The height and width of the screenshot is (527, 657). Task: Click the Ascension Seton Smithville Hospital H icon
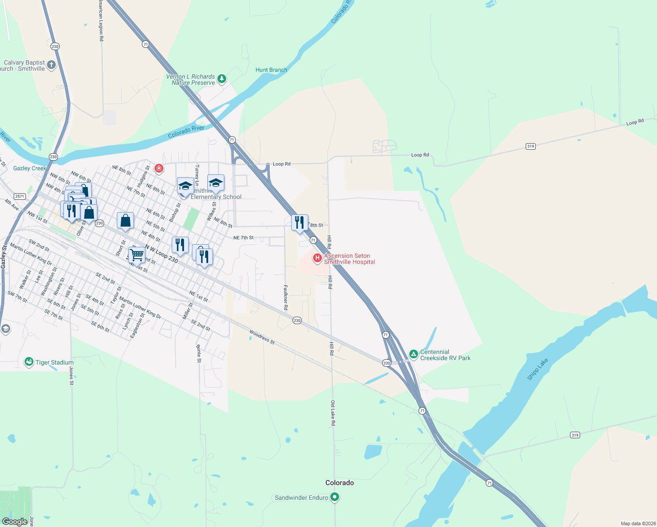coord(317,258)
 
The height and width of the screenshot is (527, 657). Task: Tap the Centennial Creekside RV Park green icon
coord(413,354)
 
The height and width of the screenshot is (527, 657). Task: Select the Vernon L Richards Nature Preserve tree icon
coord(222,79)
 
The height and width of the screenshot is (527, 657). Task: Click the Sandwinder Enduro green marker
coord(335,497)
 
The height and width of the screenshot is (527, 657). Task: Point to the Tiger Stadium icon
coord(29,362)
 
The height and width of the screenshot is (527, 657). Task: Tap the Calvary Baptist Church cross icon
coord(51,65)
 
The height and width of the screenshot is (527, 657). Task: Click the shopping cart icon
coord(137,254)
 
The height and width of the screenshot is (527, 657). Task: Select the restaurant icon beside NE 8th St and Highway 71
coord(300,223)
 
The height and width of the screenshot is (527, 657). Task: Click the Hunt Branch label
coord(271,70)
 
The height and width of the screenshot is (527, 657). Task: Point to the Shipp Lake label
coord(538,369)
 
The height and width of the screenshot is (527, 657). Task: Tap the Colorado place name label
coord(339,483)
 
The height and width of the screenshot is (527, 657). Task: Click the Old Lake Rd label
coord(333,413)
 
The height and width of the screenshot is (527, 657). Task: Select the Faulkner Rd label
coord(285,297)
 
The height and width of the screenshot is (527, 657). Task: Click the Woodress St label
coord(262,337)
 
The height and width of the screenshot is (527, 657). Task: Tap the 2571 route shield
coord(19,196)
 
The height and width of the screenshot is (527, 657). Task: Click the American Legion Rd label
coord(101,21)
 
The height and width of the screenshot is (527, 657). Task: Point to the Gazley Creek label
coord(29,168)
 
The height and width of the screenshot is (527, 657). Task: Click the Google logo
coord(15,521)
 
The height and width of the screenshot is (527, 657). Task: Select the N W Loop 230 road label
coord(161,253)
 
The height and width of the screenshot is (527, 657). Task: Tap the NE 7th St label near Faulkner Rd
coord(243,238)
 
